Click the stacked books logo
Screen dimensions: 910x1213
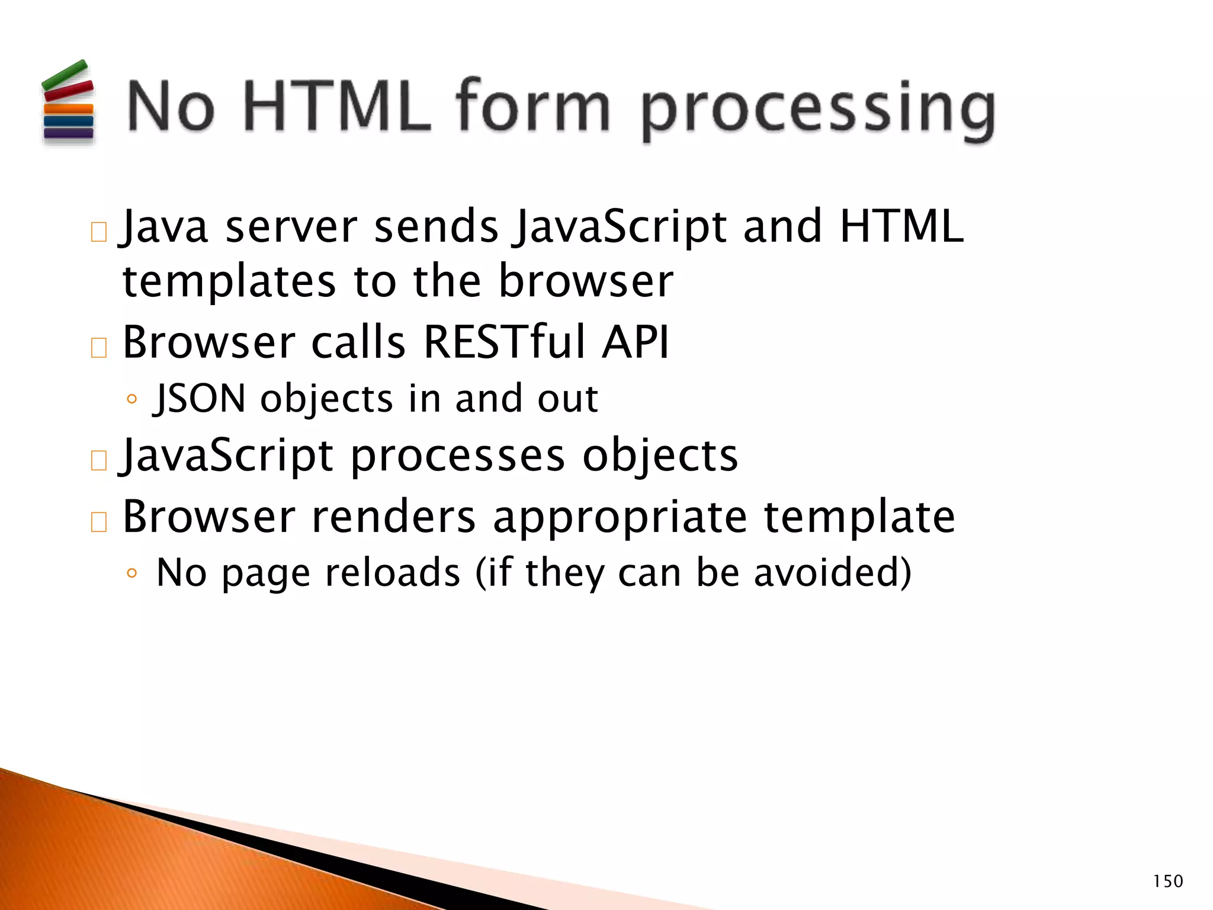click(x=68, y=102)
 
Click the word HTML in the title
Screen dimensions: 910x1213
click(x=336, y=107)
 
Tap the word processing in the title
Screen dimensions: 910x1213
click(x=817, y=110)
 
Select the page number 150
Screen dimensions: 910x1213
click(x=1167, y=882)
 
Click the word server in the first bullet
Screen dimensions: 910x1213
click(x=291, y=227)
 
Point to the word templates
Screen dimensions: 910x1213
click(x=229, y=281)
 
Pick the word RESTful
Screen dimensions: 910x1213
click(x=504, y=342)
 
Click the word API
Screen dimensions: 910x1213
click(x=636, y=342)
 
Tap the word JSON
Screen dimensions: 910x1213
click(x=199, y=398)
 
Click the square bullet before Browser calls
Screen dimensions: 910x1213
click(x=99, y=348)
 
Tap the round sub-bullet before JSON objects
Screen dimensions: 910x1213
click(x=131, y=399)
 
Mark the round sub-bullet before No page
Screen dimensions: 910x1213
click(x=131, y=573)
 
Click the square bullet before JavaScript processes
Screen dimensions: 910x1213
click(x=99, y=460)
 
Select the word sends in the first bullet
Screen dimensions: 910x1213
click(x=437, y=227)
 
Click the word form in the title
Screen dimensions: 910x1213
click(x=532, y=107)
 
